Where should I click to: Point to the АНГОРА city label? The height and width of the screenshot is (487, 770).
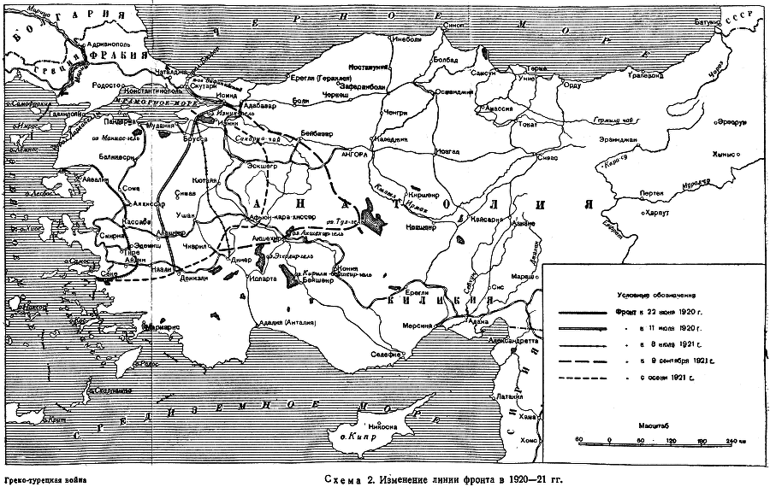[x=354, y=155]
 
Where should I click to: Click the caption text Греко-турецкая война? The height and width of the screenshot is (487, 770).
[x=45, y=479]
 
